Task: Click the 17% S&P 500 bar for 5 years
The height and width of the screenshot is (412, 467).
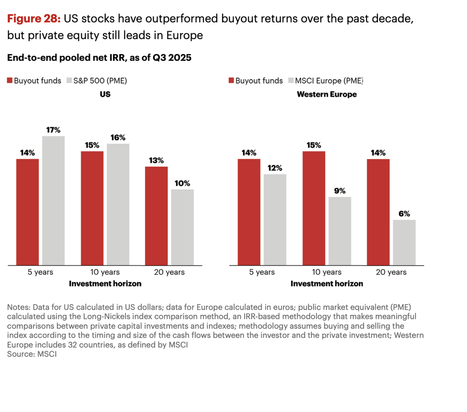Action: point(53,200)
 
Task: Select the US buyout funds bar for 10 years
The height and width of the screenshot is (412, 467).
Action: point(92,208)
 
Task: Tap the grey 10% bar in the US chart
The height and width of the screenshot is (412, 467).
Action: point(182,227)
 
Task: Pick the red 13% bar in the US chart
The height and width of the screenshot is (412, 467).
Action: point(156,216)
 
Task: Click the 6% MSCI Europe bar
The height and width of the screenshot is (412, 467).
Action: point(404,242)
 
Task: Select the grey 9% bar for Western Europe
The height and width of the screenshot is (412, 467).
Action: point(340,231)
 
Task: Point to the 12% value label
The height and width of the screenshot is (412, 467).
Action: point(275,168)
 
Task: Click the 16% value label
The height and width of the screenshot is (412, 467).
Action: point(118,137)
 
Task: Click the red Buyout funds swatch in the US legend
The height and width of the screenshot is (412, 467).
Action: point(10,80)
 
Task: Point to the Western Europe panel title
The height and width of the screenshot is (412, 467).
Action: point(327,94)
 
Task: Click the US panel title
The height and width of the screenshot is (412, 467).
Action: point(105,94)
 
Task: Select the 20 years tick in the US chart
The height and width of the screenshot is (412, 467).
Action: point(169,272)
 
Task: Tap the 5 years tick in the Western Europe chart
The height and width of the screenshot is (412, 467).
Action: point(262,272)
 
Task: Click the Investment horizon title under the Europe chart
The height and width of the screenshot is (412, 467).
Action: point(327,284)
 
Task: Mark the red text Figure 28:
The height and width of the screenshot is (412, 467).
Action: point(34,19)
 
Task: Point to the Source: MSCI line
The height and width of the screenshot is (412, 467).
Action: point(32,354)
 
